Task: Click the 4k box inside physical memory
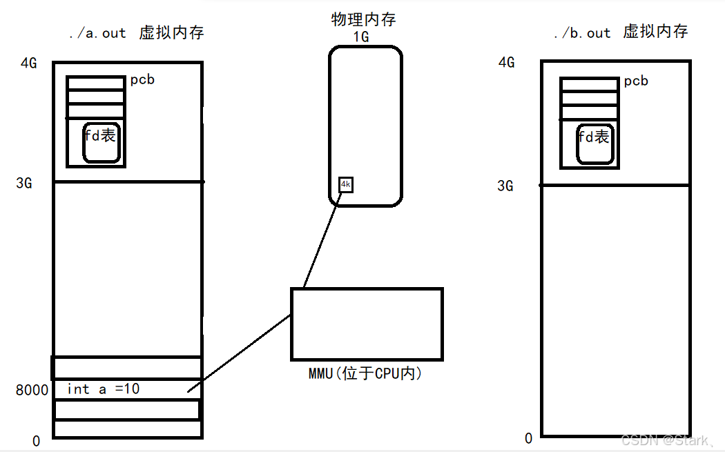[x=346, y=185]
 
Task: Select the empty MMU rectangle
[x=367, y=324]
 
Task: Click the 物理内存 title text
[x=363, y=19]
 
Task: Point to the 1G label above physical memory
[x=360, y=37]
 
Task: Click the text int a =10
[x=104, y=389]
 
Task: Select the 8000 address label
[x=32, y=391]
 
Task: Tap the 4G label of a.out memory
[x=29, y=63]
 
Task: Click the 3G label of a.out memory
[x=25, y=184]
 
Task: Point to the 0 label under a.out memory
[x=36, y=441]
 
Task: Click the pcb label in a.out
[x=142, y=80]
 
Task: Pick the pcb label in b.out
[x=636, y=81]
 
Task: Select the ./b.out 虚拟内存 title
[x=621, y=32]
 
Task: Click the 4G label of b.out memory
[x=506, y=63]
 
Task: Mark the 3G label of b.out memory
[x=506, y=186]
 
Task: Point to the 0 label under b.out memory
[x=529, y=438]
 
